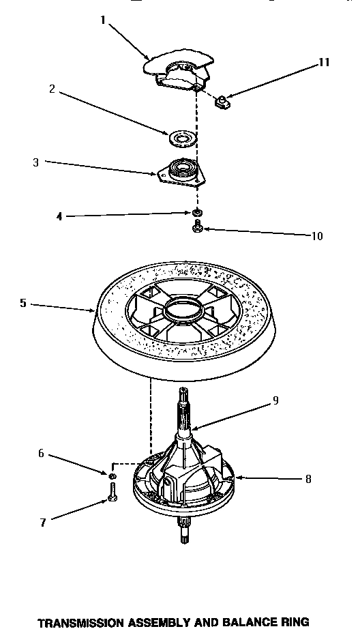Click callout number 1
click(x=103, y=20)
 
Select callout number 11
click(x=323, y=63)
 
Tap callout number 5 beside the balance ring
click(x=22, y=303)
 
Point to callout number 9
click(x=275, y=400)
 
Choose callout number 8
click(x=307, y=479)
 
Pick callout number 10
click(x=316, y=236)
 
